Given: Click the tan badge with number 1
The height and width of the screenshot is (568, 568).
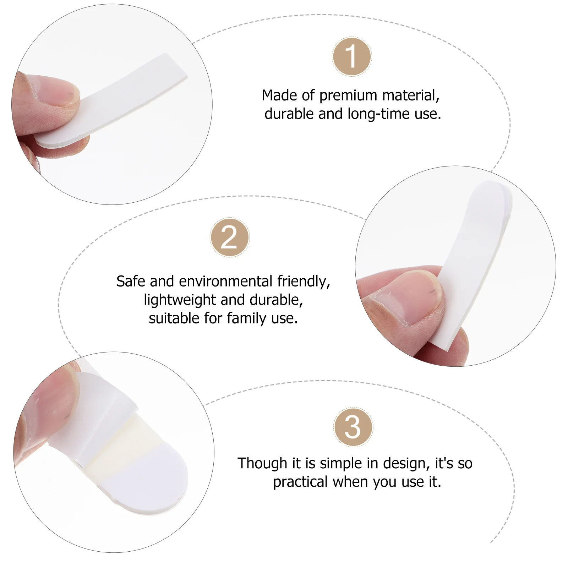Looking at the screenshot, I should point(351,57).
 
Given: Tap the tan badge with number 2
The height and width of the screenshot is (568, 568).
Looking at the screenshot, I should point(229,237).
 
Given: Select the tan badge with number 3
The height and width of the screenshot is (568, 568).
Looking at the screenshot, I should point(353,427).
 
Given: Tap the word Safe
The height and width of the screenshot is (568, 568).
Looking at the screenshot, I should point(131,282).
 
